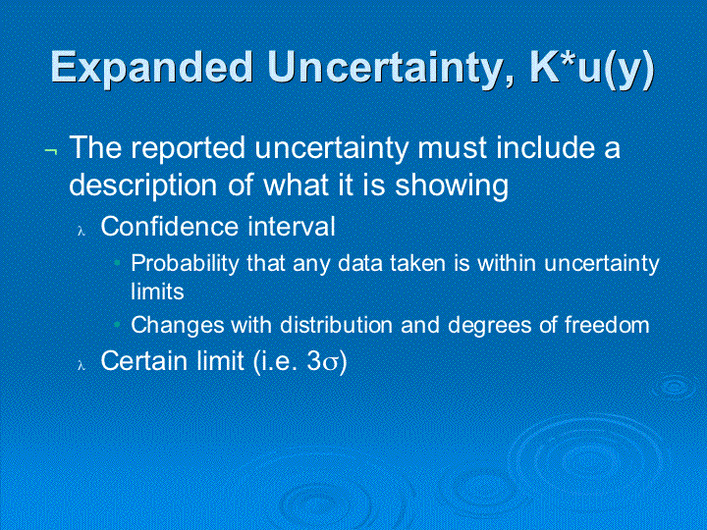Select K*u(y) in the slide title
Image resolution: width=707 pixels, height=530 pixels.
(592, 70)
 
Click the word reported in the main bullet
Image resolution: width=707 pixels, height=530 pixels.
(188, 148)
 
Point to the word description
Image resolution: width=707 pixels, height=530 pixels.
(143, 185)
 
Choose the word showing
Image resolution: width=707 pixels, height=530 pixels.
(452, 185)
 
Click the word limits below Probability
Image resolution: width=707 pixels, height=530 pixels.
(157, 291)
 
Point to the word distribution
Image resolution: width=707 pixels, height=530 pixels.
(336, 325)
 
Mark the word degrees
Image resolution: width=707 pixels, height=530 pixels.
(490, 326)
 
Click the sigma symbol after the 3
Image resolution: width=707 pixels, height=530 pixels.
(330, 363)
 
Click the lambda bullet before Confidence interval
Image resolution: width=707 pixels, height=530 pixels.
(82, 232)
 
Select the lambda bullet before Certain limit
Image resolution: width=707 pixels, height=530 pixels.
(82, 365)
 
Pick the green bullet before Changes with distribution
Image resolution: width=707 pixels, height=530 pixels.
(117, 324)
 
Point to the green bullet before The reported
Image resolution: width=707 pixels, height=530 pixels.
(51, 152)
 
